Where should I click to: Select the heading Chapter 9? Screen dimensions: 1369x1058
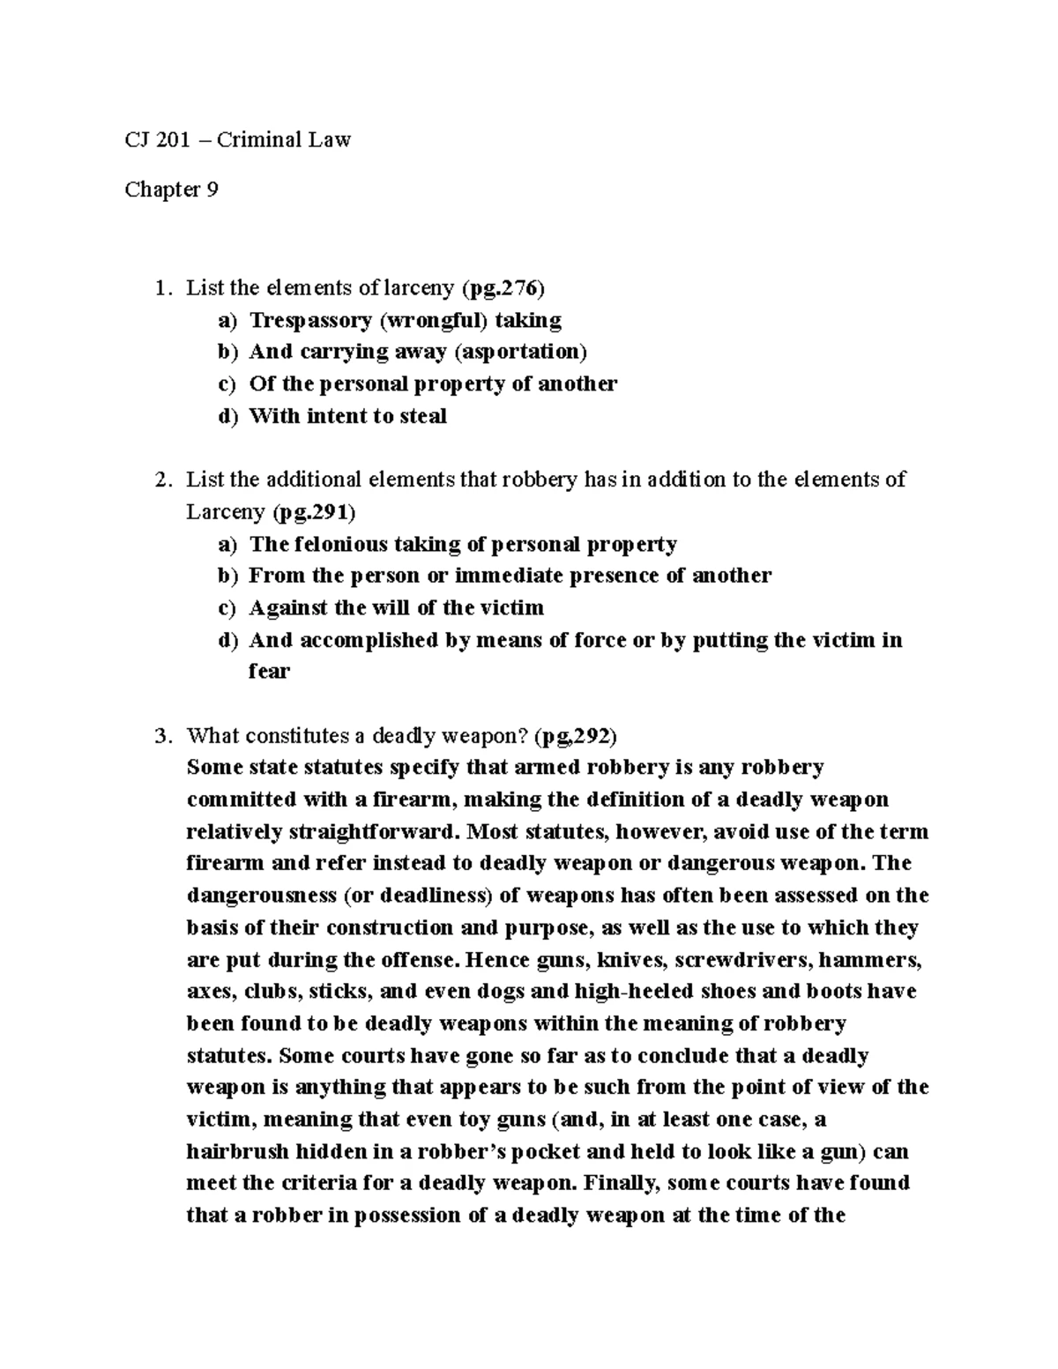171,190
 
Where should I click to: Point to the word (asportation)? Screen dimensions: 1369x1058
520,352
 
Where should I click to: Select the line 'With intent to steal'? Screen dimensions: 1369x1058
347,416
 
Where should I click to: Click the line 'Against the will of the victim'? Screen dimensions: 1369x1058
396,608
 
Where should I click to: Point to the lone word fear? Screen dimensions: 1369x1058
269,672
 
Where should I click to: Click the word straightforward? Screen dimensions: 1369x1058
384,831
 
